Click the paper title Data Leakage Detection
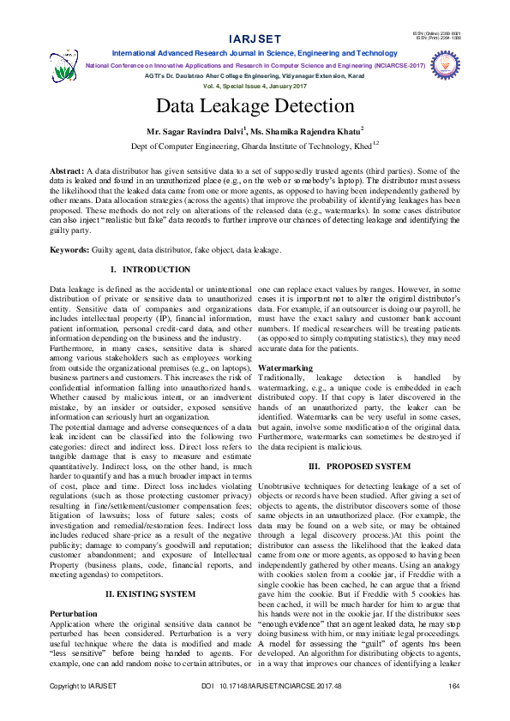pyautogui.click(x=255, y=106)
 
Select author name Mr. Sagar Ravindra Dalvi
pyautogui.click(x=196, y=132)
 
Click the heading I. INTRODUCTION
pyautogui.click(x=150, y=270)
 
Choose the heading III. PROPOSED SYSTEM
pyautogui.click(x=358, y=465)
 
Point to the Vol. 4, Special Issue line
pyautogui.click(x=255, y=86)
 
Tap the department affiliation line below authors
pyautogui.click(x=255, y=146)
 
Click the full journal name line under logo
pyautogui.click(x=255, y=53)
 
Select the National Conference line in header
pyautogui.click(x=255, y=64)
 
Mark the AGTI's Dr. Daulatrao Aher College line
pyautogui.click(x=255, y=75)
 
